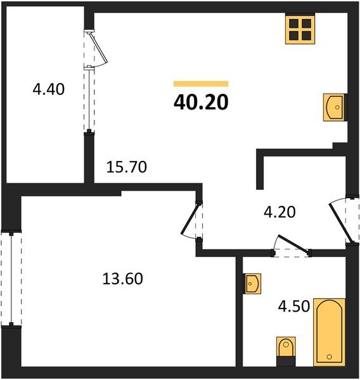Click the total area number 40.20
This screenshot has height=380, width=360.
pyautogui.click(x=200, y=101)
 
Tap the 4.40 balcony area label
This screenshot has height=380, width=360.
pyautogui.click(x=49, y=89)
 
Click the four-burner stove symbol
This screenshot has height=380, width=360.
pyautogui.click(x=300, y=30)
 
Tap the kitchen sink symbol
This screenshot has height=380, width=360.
pyautogui.click(x=335, y=106)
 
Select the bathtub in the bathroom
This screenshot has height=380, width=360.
pyautogui.click(x=329, y=332)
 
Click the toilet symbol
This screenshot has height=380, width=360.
pyautogui.click(x=285, y=350)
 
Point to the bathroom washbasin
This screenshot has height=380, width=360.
pyautogui.click(x=252, y=282)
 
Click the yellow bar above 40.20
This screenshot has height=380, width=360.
pyautogui.click(x=200, y=84)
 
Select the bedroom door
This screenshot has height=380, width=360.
pyautogui.click(x=191, y=221)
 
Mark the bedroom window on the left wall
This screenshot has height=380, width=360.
pyautogui.click(x=10, y=279)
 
